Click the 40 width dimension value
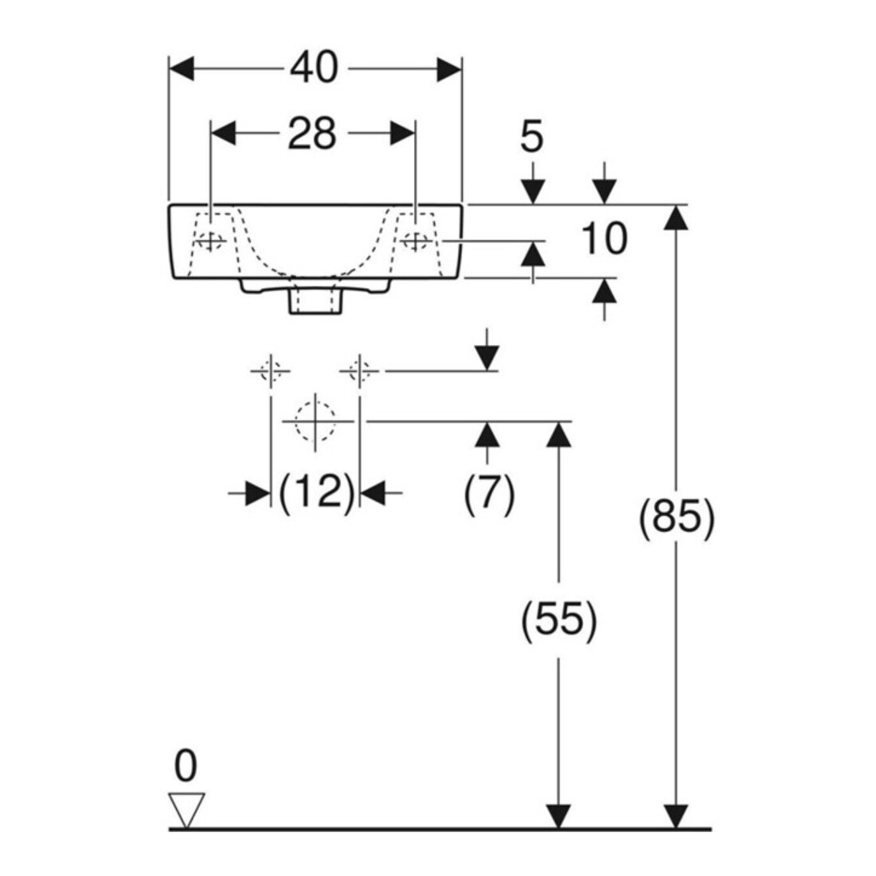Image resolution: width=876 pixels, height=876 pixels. (315, 68)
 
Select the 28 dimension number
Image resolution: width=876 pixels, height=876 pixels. (311, 134)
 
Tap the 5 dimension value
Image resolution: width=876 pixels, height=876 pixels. (531, 137)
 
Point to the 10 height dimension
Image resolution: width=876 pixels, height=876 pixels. (604, 239)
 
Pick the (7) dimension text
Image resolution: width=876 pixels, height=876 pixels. (490, 493)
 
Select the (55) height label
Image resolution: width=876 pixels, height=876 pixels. (559, 620)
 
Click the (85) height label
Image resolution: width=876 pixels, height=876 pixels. (677, 518)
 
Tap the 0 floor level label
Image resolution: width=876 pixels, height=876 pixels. (186, 766)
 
